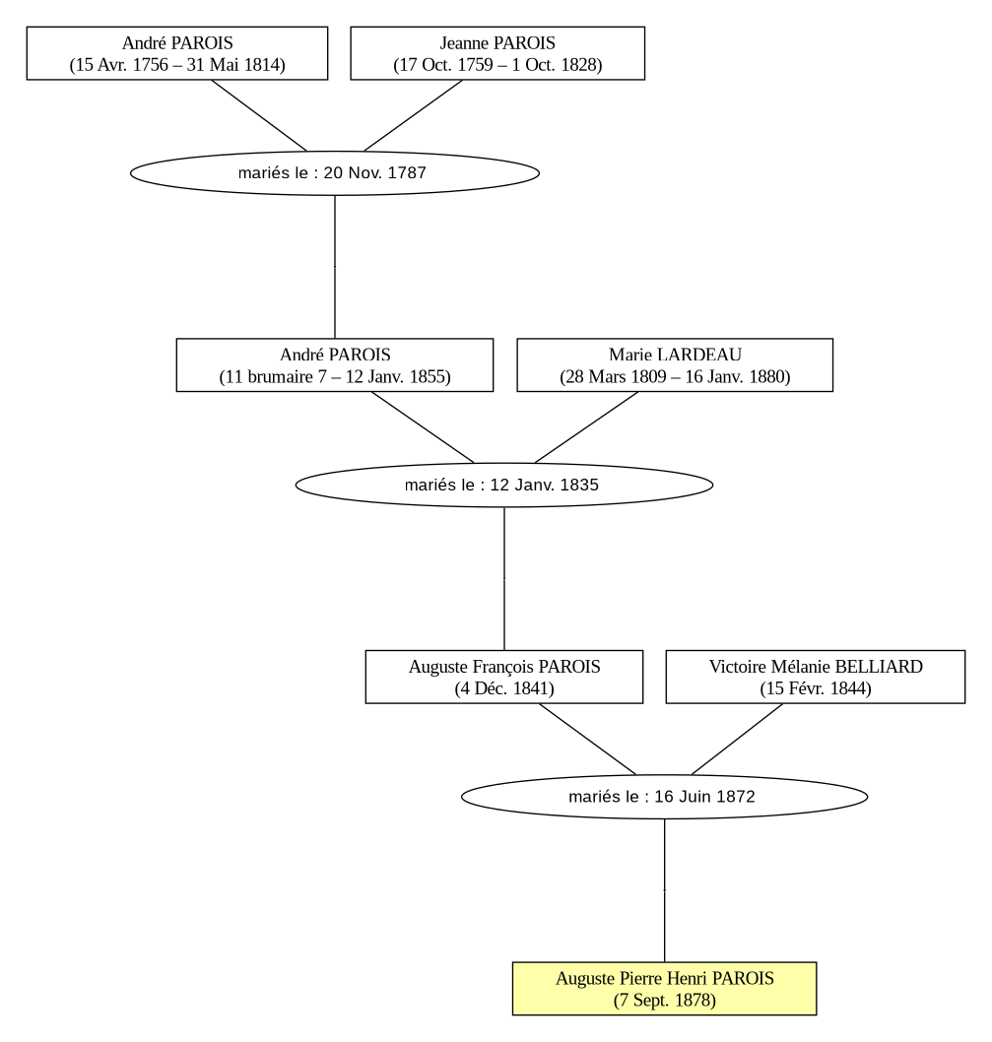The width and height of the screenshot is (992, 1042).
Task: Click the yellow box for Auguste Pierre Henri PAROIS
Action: coord(664,988)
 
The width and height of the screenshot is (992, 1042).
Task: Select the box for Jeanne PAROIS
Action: coord(497,53)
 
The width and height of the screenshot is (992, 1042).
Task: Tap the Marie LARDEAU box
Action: coord(675,364)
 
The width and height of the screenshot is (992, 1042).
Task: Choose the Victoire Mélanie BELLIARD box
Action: coord(815,677)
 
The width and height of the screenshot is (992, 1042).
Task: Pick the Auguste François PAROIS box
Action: coord(504,677)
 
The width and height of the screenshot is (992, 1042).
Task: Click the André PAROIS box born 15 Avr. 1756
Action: coord(177,53)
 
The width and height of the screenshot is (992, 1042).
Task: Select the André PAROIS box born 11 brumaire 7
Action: coord(334,364)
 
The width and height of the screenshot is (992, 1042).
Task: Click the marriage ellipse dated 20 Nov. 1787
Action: coord(334,172)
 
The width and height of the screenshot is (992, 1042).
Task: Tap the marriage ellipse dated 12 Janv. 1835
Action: coord(504,486)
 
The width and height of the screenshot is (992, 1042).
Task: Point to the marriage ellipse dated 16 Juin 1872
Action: coord(664,797)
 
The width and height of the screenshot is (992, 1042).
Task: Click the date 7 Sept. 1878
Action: coord(664,1000)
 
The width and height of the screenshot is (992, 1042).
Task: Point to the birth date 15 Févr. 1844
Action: coord(815,688)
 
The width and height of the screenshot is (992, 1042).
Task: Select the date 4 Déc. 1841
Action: coord(504,688)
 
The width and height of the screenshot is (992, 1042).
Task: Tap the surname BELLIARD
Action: coord(879,667)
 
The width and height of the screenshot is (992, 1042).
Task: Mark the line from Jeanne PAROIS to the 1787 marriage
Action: coord(413,115)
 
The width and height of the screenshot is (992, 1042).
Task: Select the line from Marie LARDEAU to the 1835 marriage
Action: coord(586,427)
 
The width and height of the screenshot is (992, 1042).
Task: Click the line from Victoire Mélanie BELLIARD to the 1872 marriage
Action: coord(738,739)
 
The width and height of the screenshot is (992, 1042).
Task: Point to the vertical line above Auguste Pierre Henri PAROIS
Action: coord(664,890)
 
